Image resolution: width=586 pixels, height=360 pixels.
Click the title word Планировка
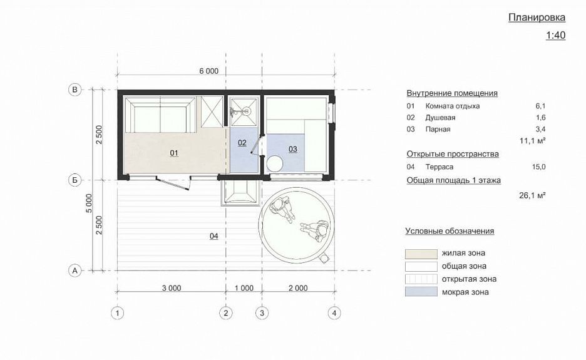537,18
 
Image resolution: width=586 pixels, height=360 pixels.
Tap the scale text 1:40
555,35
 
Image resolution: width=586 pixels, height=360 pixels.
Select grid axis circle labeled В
75,90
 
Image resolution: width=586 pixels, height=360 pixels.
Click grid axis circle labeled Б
75,180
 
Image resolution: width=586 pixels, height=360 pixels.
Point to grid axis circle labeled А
75,270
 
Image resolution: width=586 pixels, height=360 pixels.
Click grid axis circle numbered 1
117,313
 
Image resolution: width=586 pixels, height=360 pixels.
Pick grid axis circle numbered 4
334,313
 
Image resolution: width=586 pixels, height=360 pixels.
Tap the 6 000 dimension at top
208,71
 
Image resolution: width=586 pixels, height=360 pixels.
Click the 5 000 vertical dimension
88,203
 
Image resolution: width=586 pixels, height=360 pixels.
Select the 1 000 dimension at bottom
244,288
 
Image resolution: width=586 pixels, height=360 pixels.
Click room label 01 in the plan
174,153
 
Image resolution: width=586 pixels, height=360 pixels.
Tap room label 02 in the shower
242,142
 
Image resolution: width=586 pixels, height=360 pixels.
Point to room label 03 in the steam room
293,149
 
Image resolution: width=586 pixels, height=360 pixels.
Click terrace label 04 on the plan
213,236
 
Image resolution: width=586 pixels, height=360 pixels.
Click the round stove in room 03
275,163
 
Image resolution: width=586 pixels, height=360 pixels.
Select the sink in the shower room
247,111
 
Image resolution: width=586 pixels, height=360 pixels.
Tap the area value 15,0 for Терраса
538,167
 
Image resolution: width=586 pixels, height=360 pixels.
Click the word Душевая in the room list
440,118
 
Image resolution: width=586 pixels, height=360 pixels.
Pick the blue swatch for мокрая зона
421,292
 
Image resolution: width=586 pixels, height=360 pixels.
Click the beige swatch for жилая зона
421,254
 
